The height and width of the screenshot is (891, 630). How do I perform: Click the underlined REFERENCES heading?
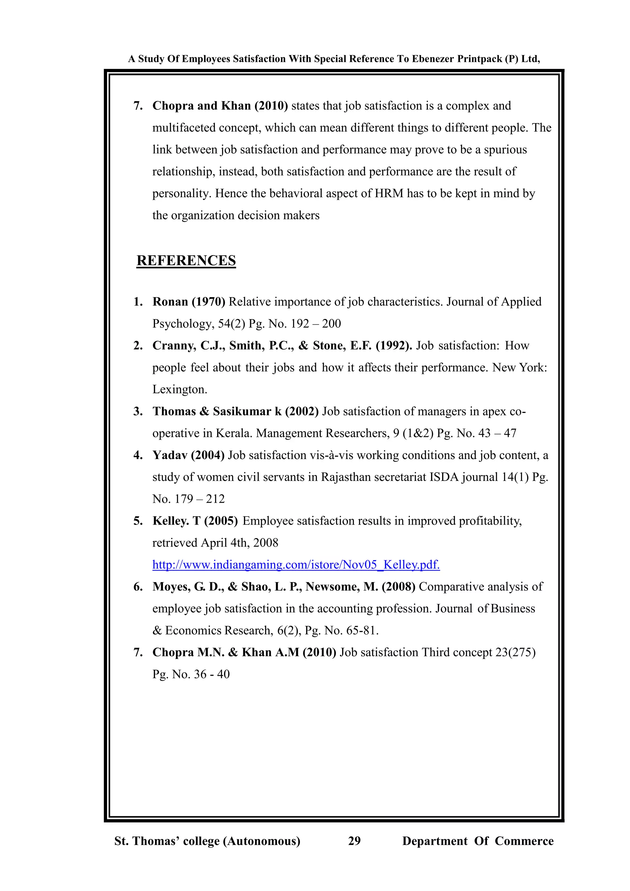(186, 260)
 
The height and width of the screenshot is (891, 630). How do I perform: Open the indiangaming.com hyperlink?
(296, 564)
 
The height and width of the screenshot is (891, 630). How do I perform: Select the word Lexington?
(179, 389)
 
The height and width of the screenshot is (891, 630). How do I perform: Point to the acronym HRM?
(389, 193)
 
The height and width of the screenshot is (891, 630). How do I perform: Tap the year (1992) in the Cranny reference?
(393, 346)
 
